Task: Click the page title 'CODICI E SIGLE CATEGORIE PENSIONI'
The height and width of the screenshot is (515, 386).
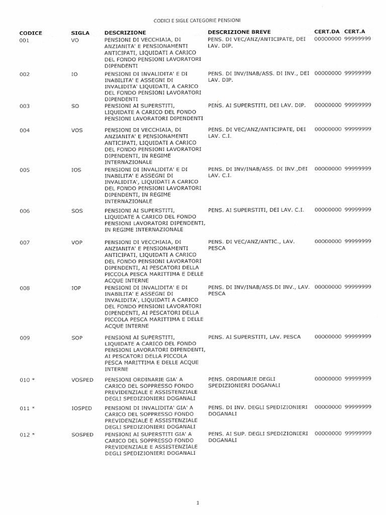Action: pos(197,21)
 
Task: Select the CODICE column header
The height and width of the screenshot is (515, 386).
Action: pos(31,33)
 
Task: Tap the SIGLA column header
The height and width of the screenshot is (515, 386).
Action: pos(80,33)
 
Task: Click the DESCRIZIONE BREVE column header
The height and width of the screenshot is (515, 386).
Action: pos(239,32)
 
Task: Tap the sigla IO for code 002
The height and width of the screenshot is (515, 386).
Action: pos(75,74)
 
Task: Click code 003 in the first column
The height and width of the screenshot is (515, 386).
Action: pos(25,106)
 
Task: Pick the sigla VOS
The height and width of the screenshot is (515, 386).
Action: pos(77,130)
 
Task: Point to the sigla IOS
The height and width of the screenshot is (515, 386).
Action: pos(76,170)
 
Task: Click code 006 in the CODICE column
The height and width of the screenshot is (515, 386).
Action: pos(25,211)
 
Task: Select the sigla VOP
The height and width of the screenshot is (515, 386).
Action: pos(77,242)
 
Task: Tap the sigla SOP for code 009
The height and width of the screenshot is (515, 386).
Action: pos(77,337)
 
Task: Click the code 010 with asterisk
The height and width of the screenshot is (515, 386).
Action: pos(27,380)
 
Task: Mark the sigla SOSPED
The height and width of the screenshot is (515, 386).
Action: pos(82,434)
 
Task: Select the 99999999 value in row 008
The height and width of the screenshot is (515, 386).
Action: pos(358,287)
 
